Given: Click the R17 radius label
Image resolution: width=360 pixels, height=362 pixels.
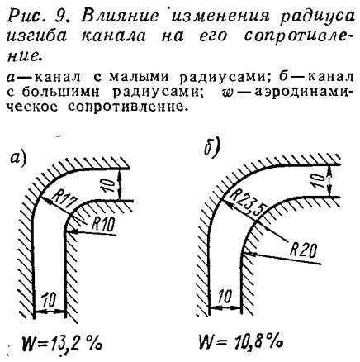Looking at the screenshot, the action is [x=65, y=200].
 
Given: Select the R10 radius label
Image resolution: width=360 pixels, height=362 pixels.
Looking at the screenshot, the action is [x=102, y=225].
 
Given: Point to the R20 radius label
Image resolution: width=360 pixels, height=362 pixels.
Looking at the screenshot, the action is [x=304, y=250].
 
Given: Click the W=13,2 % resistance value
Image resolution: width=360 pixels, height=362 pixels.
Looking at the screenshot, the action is [x=61, y=343].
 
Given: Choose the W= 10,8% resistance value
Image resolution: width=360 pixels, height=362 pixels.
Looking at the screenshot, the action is [x=240, y=342].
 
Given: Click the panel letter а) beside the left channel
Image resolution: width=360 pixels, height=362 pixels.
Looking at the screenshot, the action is [x=18, y=159].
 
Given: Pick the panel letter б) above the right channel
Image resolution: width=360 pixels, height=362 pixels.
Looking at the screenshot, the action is [x=212, y=148].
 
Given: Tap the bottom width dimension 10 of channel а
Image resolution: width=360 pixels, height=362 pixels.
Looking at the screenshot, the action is [x=50, y=300].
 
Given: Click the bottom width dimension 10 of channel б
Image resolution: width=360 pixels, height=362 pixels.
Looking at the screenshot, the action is [x=225, y=297].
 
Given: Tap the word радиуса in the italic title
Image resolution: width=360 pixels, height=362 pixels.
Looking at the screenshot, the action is [x=317, y=18].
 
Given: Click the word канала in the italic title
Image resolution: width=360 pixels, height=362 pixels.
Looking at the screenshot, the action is [x=113, y=36].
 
